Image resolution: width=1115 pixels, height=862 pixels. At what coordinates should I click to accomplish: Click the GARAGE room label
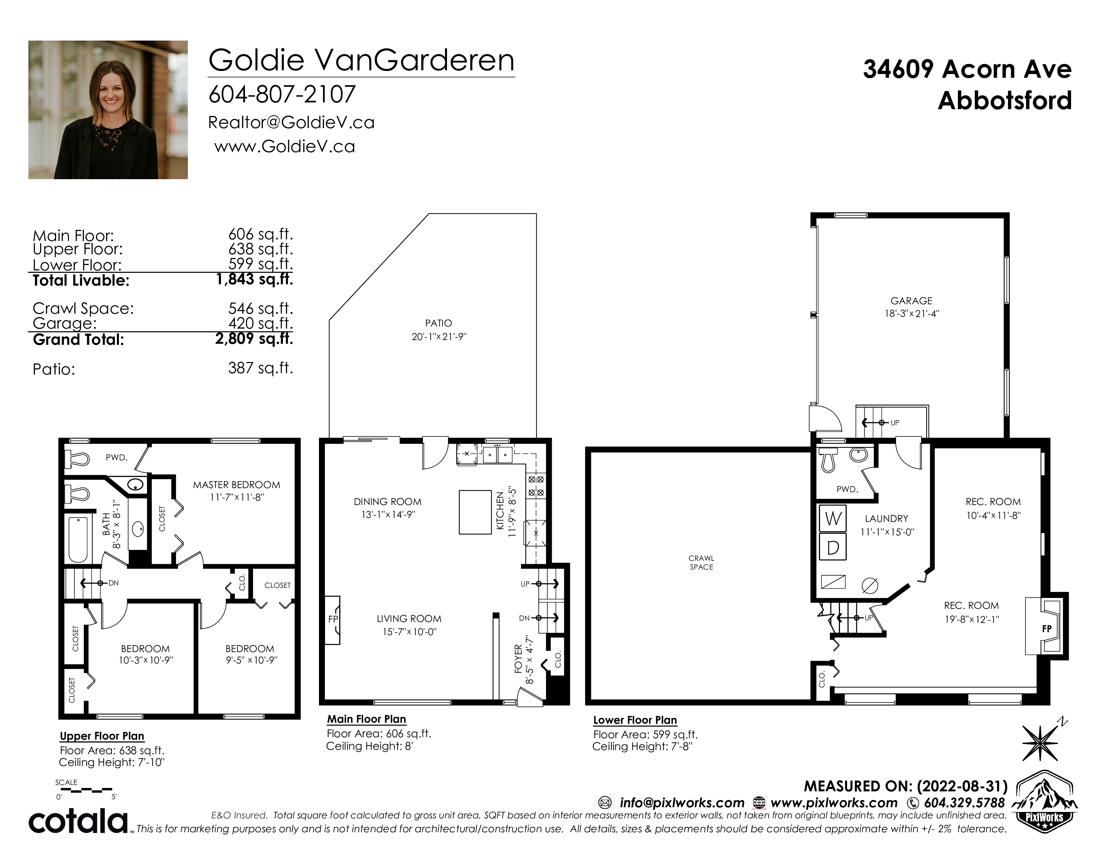(911, 301)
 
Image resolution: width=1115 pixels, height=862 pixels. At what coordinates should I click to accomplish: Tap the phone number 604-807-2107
(282, 94)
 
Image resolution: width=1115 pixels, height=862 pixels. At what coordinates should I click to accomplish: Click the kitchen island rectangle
(476, 512)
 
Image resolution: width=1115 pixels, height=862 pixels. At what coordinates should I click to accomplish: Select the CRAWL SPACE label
(701, 562)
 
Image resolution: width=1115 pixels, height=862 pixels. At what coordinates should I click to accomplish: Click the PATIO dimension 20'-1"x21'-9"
(439, 337)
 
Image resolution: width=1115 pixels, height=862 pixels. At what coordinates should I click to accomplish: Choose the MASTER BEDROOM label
(237, 485)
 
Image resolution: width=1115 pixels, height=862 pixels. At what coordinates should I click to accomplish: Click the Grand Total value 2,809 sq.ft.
(254, 339)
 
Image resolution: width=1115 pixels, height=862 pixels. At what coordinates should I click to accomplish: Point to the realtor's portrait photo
(108, 110)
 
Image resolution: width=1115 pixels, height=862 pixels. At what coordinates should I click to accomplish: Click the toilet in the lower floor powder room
(827, 460)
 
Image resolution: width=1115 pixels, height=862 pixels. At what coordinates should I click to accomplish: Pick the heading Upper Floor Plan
(102, 736)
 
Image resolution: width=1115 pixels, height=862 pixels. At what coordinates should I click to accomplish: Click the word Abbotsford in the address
(1005, 101)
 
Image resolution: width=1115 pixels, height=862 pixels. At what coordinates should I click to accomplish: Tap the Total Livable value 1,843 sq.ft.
(254, 279)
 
